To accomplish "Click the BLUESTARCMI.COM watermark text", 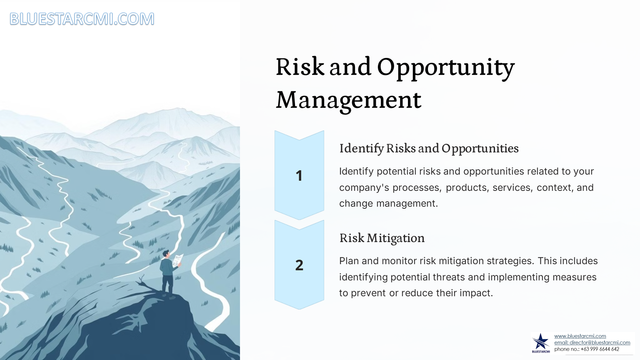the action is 82,19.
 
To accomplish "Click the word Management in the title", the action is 349,100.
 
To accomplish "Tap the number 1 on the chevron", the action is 299,175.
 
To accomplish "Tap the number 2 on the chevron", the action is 299,265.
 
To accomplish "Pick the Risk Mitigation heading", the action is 382,238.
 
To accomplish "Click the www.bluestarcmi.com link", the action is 580,336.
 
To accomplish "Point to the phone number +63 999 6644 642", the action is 600,349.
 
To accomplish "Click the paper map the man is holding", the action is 177,260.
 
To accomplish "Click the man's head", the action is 166,253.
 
